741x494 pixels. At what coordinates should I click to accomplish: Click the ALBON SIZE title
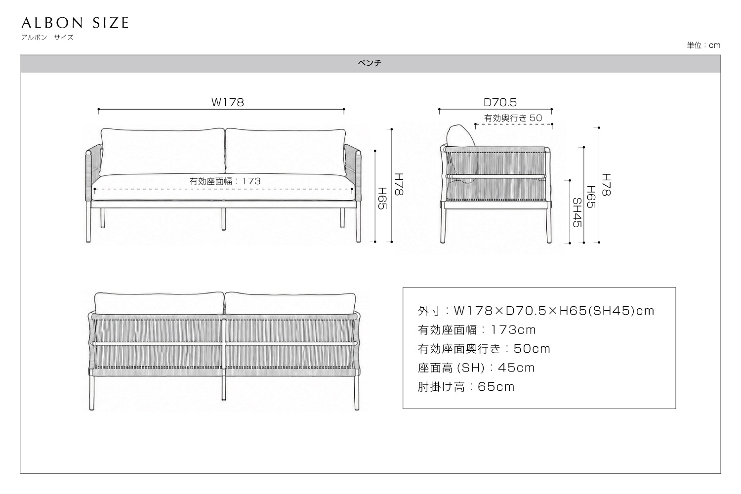click(75, 23)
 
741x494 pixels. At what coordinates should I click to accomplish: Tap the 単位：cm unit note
click(703, 45)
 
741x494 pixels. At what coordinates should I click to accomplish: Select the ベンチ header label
click(370, 63)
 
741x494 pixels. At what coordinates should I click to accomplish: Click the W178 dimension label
click(228, 102)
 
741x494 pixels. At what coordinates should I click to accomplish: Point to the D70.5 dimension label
click(500, 102)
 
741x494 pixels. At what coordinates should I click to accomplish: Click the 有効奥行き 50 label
click(513, 118)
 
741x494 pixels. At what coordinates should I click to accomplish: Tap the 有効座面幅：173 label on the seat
click(225, 181)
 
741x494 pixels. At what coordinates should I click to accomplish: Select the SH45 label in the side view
click(577, 212)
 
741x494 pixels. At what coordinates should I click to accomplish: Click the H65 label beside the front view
click(382, 198)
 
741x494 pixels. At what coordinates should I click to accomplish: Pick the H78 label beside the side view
click(606, 185)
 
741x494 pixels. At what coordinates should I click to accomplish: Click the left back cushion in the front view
click(162, 152)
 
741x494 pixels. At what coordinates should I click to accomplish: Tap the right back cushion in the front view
click(286, 152)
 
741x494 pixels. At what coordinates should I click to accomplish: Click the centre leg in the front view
click(224, 219)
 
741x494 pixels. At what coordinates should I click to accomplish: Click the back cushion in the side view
click(461, 136)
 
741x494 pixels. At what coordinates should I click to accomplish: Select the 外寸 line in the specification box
click(536, 311)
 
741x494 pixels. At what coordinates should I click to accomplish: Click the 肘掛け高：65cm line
click(466, 386)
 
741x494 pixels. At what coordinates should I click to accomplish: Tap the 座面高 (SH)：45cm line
click(476, 368)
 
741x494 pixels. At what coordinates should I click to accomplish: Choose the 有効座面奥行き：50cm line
click(484, 348)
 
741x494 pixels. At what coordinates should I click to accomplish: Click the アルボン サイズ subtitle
click(47, 38)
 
